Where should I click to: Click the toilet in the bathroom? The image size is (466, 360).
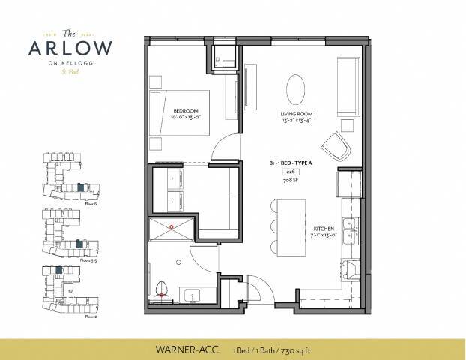tap(163, 290)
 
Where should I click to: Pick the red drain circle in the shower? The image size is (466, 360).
tap(172, 225)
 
